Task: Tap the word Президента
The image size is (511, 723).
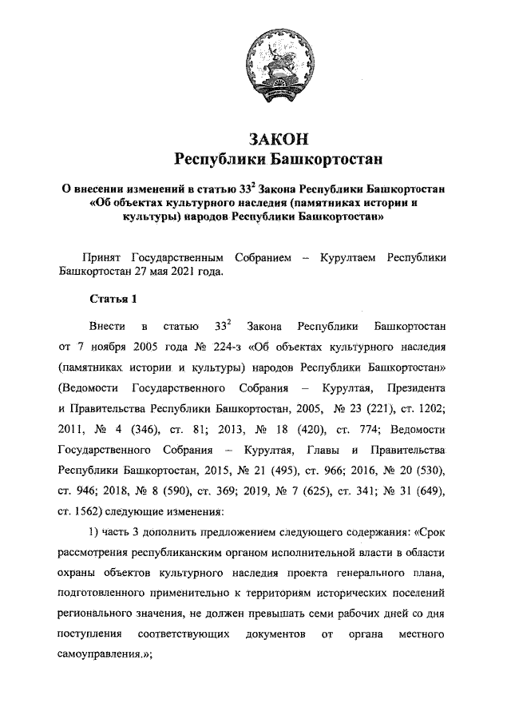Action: click(x=436, y=388)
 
